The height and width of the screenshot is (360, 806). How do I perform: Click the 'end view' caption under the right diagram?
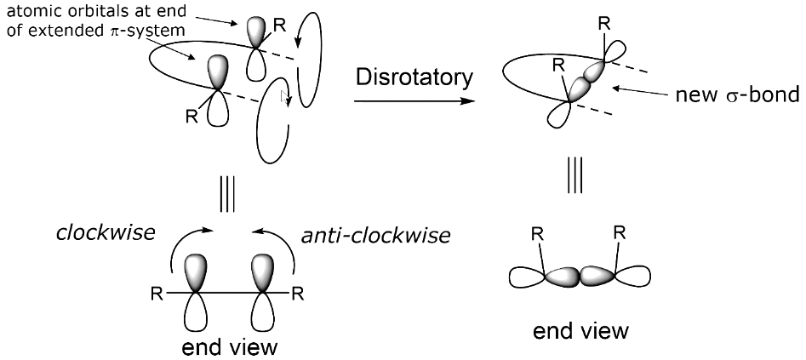pos(582,330)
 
